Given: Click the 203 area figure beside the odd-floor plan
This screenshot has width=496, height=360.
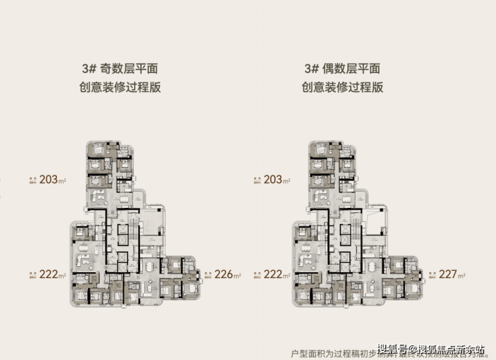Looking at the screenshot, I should (48, 180).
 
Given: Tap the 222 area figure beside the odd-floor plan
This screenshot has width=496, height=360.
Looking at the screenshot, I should (48, 274).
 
